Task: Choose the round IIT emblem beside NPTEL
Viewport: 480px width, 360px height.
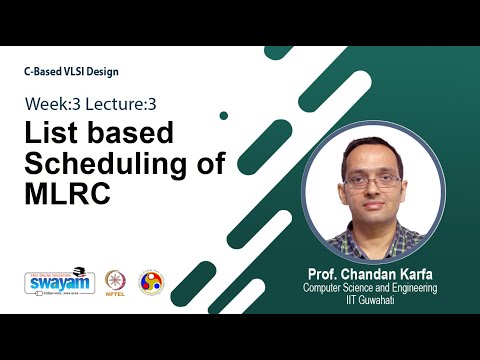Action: [x=150, y=281]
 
